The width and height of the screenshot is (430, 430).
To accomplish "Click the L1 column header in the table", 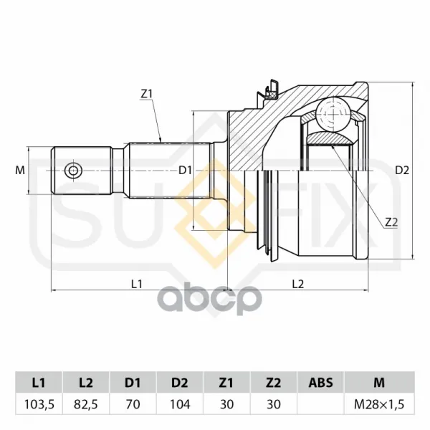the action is tap(39, 383).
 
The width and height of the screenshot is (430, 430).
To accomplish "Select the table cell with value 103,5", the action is tap(39, 404).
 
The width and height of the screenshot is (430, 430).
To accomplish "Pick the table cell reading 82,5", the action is tap(86, 404).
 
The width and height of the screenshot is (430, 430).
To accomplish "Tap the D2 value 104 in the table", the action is tap(180, 404).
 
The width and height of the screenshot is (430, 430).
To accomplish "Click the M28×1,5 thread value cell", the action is tap(379, 404).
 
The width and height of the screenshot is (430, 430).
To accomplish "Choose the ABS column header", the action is tap(320, 383).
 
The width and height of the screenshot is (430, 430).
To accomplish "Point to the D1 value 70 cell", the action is tap(133, 404).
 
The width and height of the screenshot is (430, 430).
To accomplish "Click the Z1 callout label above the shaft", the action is tap(146, 95).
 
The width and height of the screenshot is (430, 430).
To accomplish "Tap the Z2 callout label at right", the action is tap(391, 222).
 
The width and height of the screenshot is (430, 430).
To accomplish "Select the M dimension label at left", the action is tap(20, 171).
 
